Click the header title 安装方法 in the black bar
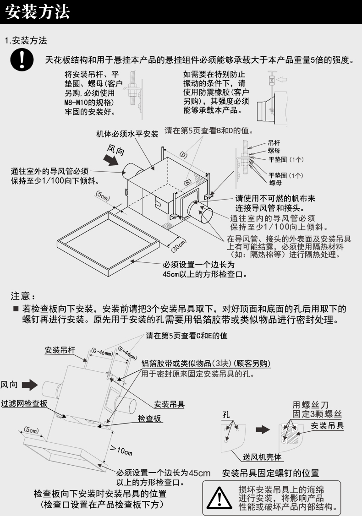pos(38,12)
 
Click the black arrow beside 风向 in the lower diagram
pos(30,384)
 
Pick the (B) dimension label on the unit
pos(187,182)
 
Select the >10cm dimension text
pos(121,451)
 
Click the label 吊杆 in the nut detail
pos(274,143)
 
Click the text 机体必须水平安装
pos(127,134)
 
